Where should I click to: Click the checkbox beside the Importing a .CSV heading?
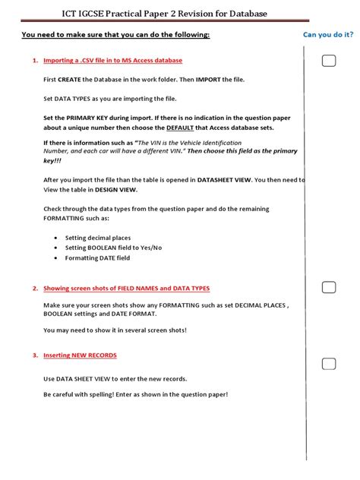click(x=329, y=61)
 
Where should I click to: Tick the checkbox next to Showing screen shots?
click(x=329, y=287)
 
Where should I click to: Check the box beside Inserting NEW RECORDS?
click(x=329, y=363)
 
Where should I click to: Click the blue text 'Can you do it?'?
click(x=328, y=35)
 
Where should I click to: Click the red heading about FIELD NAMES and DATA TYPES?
click(x=126, y=289)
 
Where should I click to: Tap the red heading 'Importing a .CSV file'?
click(x=112, y=60)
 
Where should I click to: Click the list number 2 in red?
click(x=35, y=289)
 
